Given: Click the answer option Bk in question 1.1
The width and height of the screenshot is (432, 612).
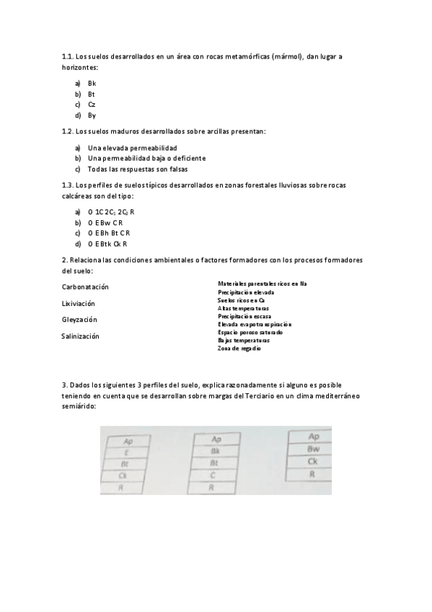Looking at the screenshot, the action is click(92, 83).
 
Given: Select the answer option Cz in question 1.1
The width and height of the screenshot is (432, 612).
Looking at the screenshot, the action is click(92, 105).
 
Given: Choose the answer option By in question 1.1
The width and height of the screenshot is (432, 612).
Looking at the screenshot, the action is click(92, 115).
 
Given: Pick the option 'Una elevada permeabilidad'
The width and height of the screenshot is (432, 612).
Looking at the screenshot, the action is click(132, 147).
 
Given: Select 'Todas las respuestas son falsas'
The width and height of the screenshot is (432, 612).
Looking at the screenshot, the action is click(138, 169).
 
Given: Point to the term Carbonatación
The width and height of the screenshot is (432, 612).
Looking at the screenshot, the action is click(89, 287).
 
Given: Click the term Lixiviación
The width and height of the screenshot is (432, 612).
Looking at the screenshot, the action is click(79, 303).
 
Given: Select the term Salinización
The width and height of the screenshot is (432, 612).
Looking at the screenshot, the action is click(81, 336).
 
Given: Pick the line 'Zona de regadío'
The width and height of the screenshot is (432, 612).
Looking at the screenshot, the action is click(239, 349).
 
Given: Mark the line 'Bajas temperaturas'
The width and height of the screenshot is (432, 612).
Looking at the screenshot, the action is click(244, 340).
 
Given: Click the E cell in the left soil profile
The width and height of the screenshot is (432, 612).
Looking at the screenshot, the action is click(127, 453).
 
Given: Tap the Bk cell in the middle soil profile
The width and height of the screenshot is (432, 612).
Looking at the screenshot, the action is click(215, 450).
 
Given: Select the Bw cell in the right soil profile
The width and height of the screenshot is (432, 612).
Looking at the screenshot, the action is click(313, 449).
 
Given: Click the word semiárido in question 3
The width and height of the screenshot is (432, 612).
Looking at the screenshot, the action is click(79, 406).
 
